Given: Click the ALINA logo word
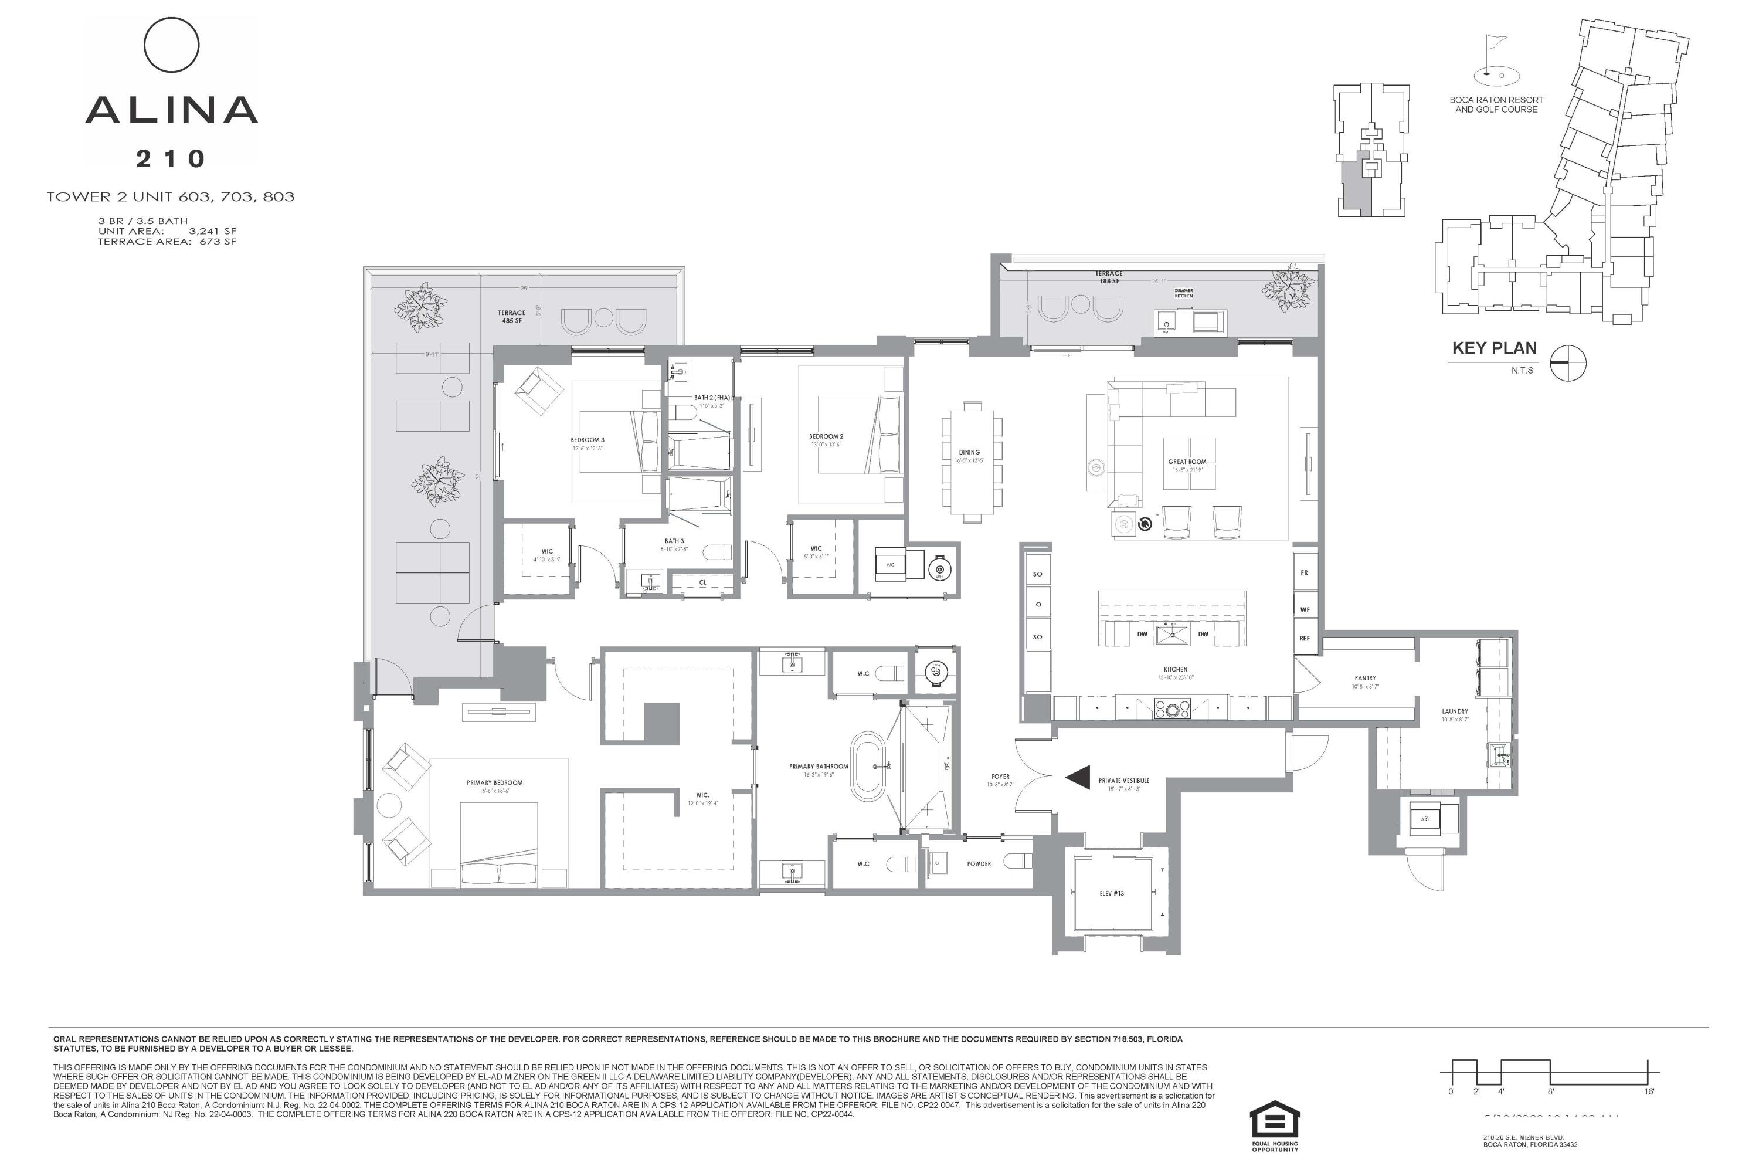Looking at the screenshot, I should coord(171,110).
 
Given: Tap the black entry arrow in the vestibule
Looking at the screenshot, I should coord(1078,778).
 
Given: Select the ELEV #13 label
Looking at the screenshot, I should coord(1112,893).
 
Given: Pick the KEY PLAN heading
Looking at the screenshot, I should coord(1494,348).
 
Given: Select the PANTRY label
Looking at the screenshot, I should coord(1365,678).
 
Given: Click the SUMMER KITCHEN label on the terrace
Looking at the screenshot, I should coord(1183,293).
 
